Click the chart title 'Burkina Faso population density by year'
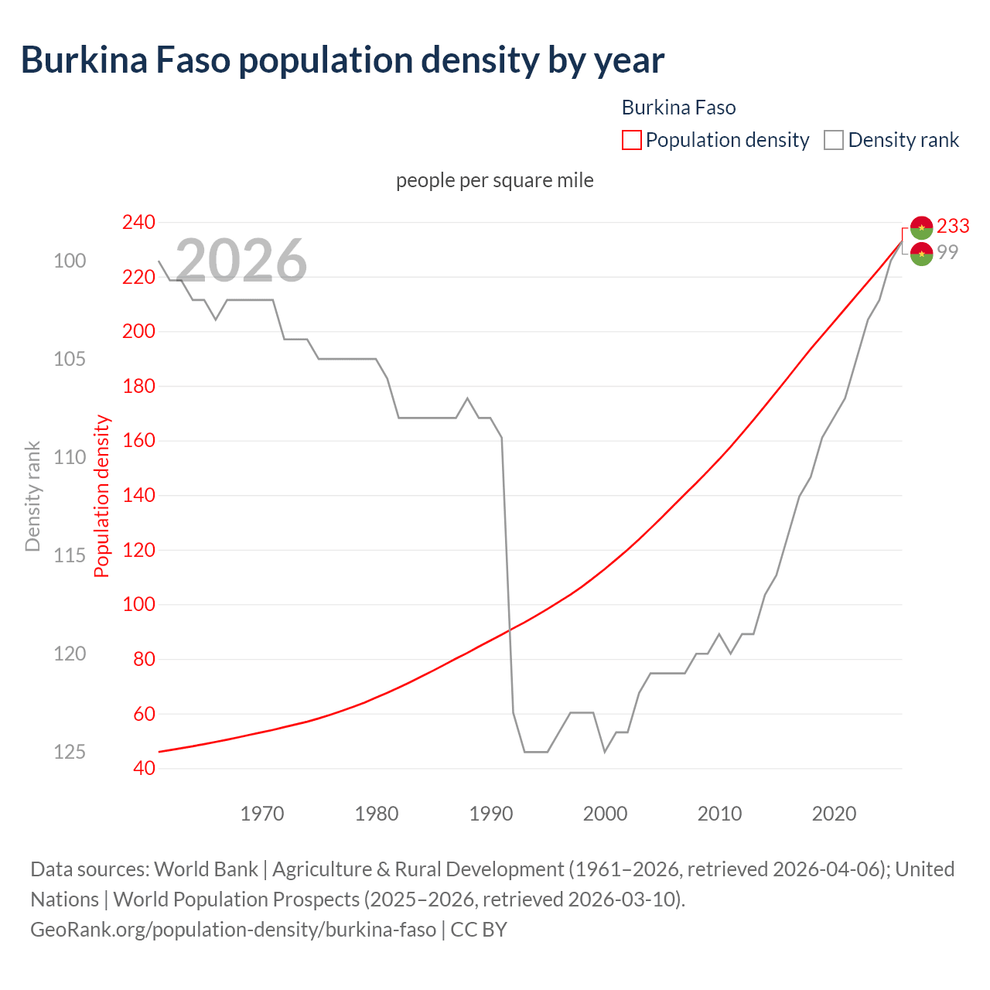(x=342, y=60)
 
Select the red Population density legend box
(x=631, y=140)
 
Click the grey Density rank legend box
(x=833, y=140)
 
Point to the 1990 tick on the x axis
(x=491, y=814)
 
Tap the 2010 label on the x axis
(x=719, y=814)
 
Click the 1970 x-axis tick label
(x=262, y=814)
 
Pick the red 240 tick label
(x=138, y=223)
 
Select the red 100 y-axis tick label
(x=138, y=605)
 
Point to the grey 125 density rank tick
(x=70, y=752)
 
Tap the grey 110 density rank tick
(x=70, y=457)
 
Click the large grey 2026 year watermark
(x=241, y=261)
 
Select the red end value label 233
(x=953, y=226)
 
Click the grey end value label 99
(x=947, y=252)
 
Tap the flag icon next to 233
(x=921, y=227)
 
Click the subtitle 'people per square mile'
(x=495, y=180)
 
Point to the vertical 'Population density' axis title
(x=102, y=497)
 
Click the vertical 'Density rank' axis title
(x=32, y=497)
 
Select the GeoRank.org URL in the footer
(x=233, y=929)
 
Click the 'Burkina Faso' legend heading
(x=678, y=108)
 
